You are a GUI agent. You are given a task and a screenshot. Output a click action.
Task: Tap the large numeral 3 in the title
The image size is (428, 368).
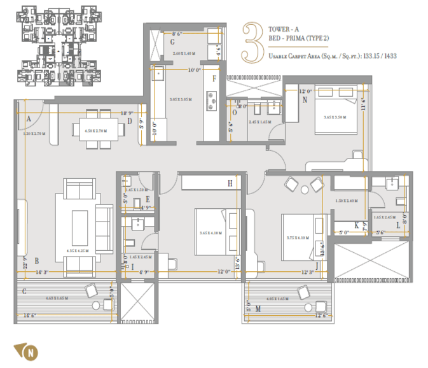[x=253, y=42]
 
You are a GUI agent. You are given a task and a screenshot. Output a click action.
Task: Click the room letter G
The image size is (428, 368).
[x=172, y=43]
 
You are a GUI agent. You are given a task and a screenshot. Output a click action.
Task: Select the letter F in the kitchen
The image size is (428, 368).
[x=214, y=78]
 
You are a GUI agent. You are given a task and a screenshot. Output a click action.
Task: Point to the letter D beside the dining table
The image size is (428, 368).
[x=129, y=120]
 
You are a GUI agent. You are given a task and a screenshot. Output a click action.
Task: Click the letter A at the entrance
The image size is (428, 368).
[x=29, y=118]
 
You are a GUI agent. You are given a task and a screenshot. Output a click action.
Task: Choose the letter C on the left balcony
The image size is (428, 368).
[x=24, y=291]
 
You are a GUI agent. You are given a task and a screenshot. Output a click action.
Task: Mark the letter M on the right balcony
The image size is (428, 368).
[x=258, y=308]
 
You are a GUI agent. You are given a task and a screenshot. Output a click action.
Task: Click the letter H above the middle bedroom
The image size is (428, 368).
[x=230, y=183]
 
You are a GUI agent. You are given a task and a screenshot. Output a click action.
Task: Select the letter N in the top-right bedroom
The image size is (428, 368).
[x=305, y=101]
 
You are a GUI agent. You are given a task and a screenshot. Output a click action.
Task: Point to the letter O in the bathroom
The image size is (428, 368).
[x=235, y=112]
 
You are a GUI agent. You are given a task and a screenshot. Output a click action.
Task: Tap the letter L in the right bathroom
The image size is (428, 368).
[x=398, y=226]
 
